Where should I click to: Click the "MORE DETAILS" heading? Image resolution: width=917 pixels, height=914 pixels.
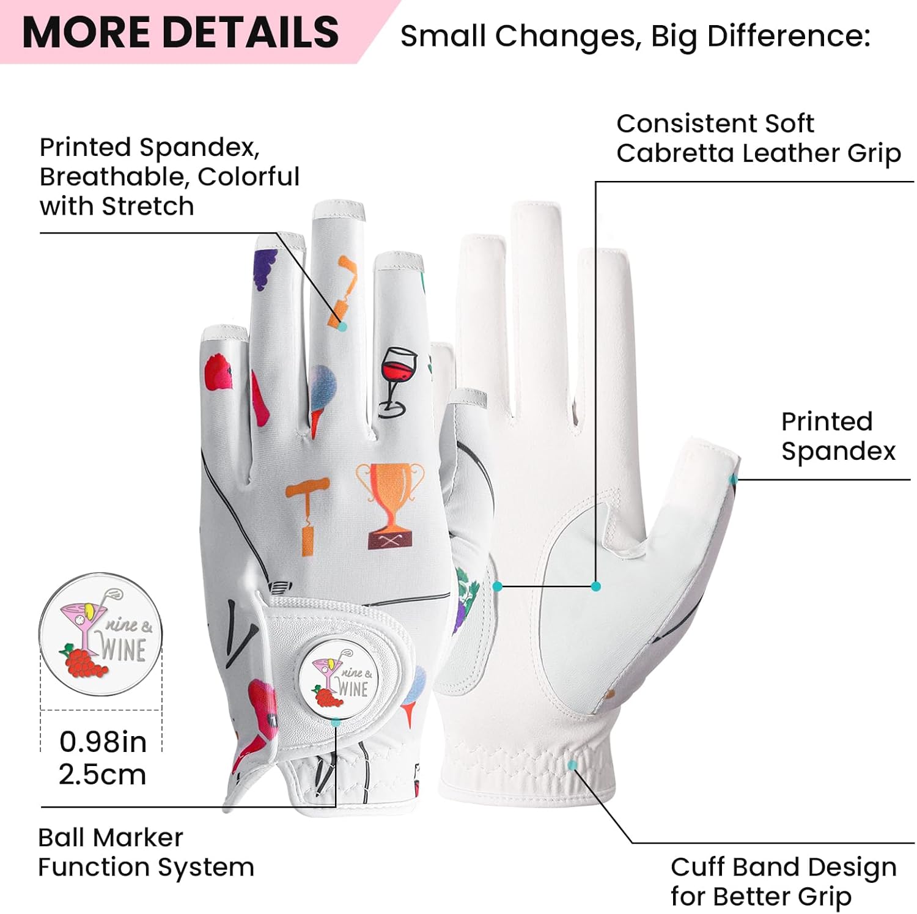click(180, 32)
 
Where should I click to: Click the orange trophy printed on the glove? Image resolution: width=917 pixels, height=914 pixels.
click(389, 503)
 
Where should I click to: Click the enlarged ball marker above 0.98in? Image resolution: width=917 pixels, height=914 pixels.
click(101, 634)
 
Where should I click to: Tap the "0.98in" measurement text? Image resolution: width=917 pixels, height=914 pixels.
click(103, 742)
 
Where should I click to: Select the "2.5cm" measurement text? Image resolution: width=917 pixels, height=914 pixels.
click(102, 775)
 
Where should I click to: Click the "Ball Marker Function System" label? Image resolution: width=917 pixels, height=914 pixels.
click(145, 852)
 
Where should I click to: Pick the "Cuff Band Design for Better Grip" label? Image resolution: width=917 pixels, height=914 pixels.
click(783, 881)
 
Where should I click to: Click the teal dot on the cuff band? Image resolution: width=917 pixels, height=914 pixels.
click(572, 765)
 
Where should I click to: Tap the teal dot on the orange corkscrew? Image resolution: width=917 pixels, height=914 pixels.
click(342, 326)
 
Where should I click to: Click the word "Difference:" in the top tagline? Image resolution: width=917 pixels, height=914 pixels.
click(789, 36)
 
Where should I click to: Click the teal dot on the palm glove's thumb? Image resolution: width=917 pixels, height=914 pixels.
click(734, 479)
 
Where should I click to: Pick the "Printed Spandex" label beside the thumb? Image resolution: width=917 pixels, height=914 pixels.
click(838, 436)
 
